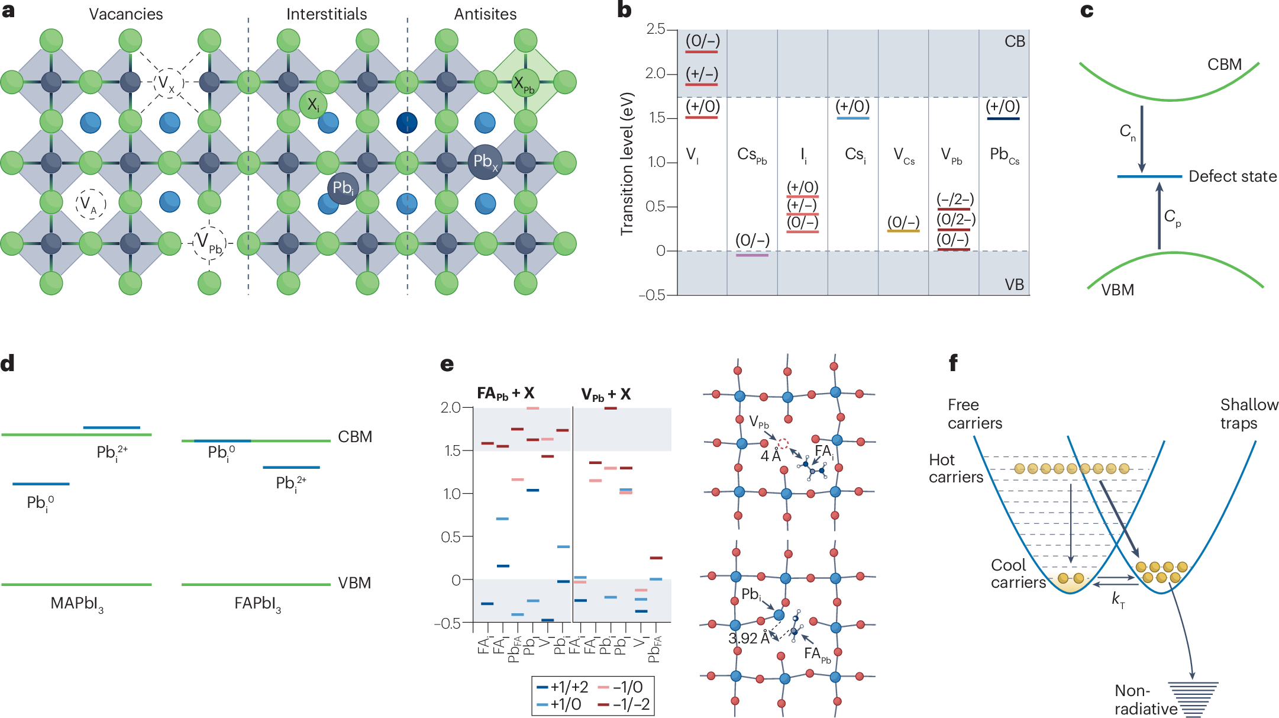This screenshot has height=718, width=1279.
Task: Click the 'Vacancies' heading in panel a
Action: coord(125,14)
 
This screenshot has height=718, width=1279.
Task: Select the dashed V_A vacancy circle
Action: coord(91,204)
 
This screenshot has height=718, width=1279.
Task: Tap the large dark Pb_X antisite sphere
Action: coord(485,162)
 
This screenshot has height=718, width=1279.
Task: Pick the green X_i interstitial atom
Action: coord(313,105)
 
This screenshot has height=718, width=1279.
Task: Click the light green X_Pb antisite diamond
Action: coord(525,82)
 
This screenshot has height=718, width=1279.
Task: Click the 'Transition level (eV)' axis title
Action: coord(627,163)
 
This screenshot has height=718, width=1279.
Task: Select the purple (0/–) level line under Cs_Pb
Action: coord(752,255)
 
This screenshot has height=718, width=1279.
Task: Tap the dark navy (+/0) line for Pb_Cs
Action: coord(1003,119)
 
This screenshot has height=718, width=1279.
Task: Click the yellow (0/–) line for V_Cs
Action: coord(903,231)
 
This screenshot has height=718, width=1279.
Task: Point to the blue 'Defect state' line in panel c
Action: coord(1149,176)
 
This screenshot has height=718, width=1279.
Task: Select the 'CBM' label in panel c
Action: coord(1224,65)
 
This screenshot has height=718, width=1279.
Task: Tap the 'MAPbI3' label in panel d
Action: coord(77,604)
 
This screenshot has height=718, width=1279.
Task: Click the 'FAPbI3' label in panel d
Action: coord(257,604)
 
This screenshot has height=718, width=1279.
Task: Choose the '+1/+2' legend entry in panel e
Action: coord(563,687)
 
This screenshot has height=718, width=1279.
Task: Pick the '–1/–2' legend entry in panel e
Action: coord(624,704)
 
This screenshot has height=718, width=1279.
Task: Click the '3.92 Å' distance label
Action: coord(749,638)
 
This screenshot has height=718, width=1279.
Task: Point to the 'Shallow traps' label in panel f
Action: coord(1249,414)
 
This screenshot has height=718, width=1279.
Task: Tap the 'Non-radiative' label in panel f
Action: coord(1145,700)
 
